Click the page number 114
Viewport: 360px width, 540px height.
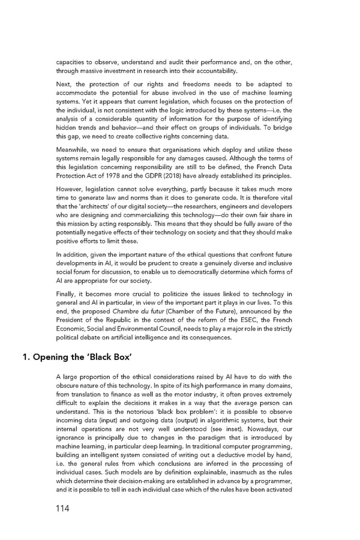point(60,508)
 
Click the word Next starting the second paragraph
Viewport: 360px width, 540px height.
point(64,85)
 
